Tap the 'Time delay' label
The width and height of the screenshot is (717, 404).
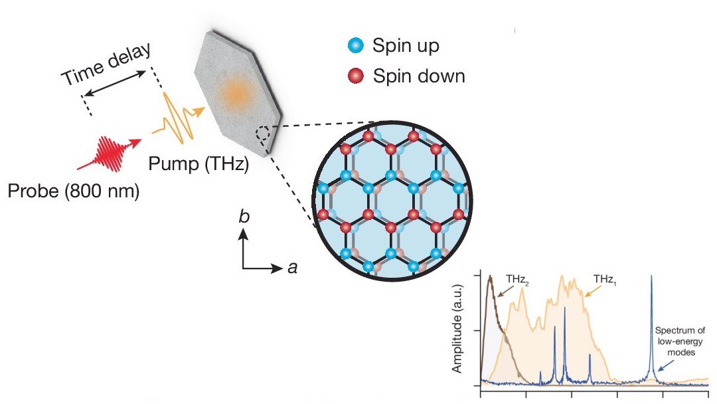(x=107, y=66)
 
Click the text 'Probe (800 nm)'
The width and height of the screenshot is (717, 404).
(x=74, y=193)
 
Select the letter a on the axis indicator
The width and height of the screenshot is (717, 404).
(x=291, y=268)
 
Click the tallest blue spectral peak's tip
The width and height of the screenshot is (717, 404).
(x=651, y=276)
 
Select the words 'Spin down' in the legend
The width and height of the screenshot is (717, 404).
(x=418, y=76)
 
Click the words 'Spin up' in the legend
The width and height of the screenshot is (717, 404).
(x=406, y=47)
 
